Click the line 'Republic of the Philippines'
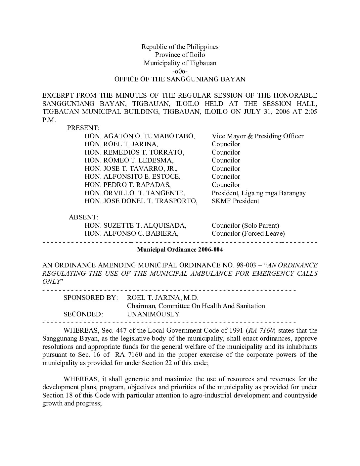pyautogui.click(x=180, y=47)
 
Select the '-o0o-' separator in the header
pyautogui.click(x=180, y=71)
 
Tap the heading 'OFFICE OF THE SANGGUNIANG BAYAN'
pyautogui.click(x=180, y=79)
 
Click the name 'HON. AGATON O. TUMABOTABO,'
pyautogui.click(x=140, y=136)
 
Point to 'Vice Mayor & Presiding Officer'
pyautogui.click(x=257, y=136)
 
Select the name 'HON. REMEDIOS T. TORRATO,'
pyautogui.click(x=134, y=152)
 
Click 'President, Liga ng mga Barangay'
pyautogui.click(x=258, y=193)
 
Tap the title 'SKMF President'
pyautogui.click(x=235, y=201)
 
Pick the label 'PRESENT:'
pyautogui.click(x=83, y=128)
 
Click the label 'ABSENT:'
pyautogui.click(x=83, y=217)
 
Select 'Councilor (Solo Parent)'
pyautogui.click(x=245, y=225)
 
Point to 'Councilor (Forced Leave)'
pyautogui.click(x=248, y=233)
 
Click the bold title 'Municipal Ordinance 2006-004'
pyautogui.click(x=180, y=250)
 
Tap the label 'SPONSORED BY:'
pyautogui.click(x=90, y=298)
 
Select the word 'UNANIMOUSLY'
pyautogui.click(x=153, y=314)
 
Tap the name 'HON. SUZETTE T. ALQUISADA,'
pyautogui.click(x=135, y=225)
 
